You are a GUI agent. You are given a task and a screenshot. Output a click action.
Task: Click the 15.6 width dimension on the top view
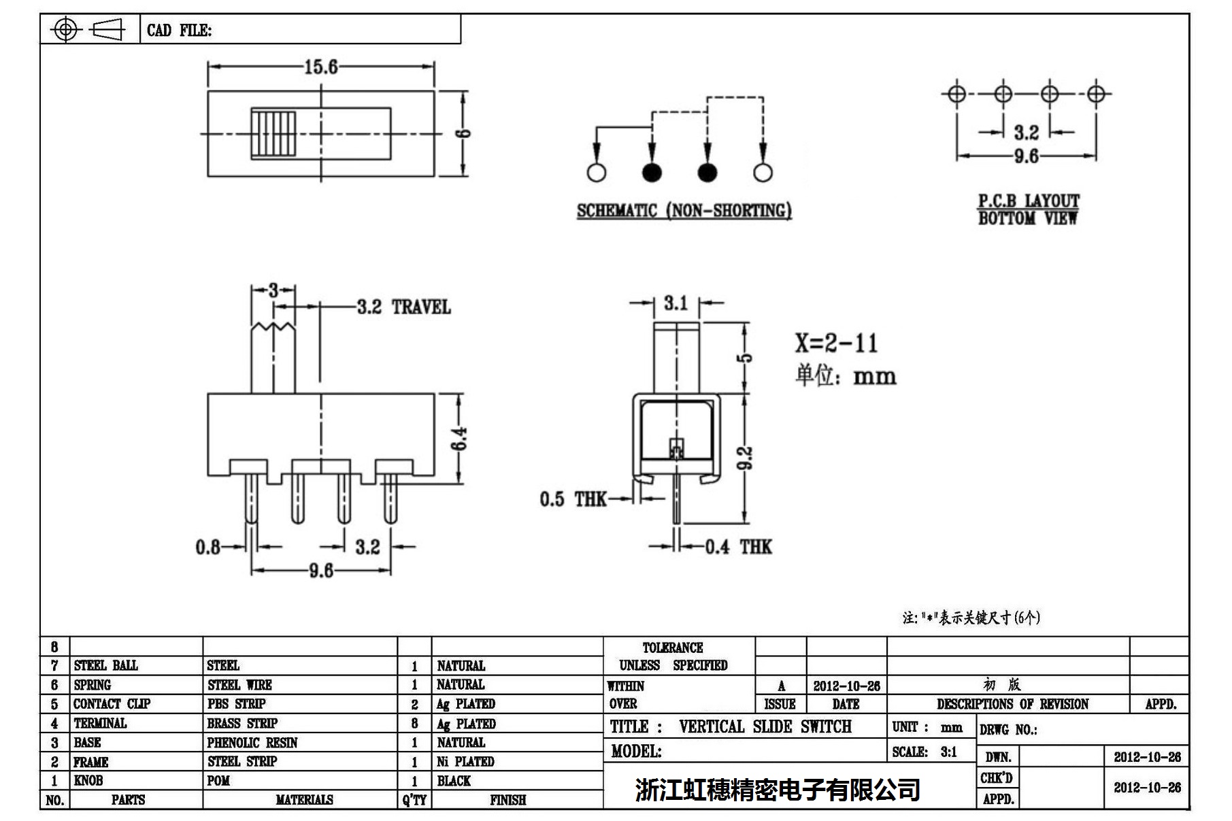point(320,67)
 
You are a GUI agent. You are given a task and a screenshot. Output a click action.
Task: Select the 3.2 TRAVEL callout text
point(403,307)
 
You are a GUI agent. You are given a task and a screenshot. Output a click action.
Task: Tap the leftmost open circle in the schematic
point(596,173)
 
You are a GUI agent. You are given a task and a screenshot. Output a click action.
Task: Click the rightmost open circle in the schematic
point(763,173)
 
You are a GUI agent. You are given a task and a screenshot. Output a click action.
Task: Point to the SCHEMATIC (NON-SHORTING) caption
point(684,211)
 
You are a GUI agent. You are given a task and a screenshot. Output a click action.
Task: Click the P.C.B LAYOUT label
point(1028,201)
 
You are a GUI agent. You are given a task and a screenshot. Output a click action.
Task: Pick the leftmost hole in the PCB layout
point(956,94)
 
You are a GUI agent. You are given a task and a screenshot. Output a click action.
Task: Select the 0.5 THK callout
point(573,499)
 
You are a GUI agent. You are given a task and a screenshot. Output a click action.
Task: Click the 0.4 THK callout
point(738,547)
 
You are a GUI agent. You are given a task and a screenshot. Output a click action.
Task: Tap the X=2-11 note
point(836,343)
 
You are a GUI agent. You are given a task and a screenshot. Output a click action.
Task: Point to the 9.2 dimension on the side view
point(746,458)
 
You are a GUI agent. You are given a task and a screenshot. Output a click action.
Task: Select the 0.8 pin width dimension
point(207,547)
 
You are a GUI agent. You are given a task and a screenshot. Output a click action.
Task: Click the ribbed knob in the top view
point(274,133)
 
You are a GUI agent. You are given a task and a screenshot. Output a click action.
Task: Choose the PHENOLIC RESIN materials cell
point(252,743)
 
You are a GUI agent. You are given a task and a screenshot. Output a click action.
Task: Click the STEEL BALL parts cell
point(105,665)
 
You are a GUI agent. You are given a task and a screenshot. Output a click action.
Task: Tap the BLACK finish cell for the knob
point(454,781)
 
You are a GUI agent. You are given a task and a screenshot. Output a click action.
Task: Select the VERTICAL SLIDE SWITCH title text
point(765,726)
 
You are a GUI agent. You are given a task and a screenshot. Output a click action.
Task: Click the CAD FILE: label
point(179,31)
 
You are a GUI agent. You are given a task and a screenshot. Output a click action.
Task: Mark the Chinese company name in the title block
point(778,790)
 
